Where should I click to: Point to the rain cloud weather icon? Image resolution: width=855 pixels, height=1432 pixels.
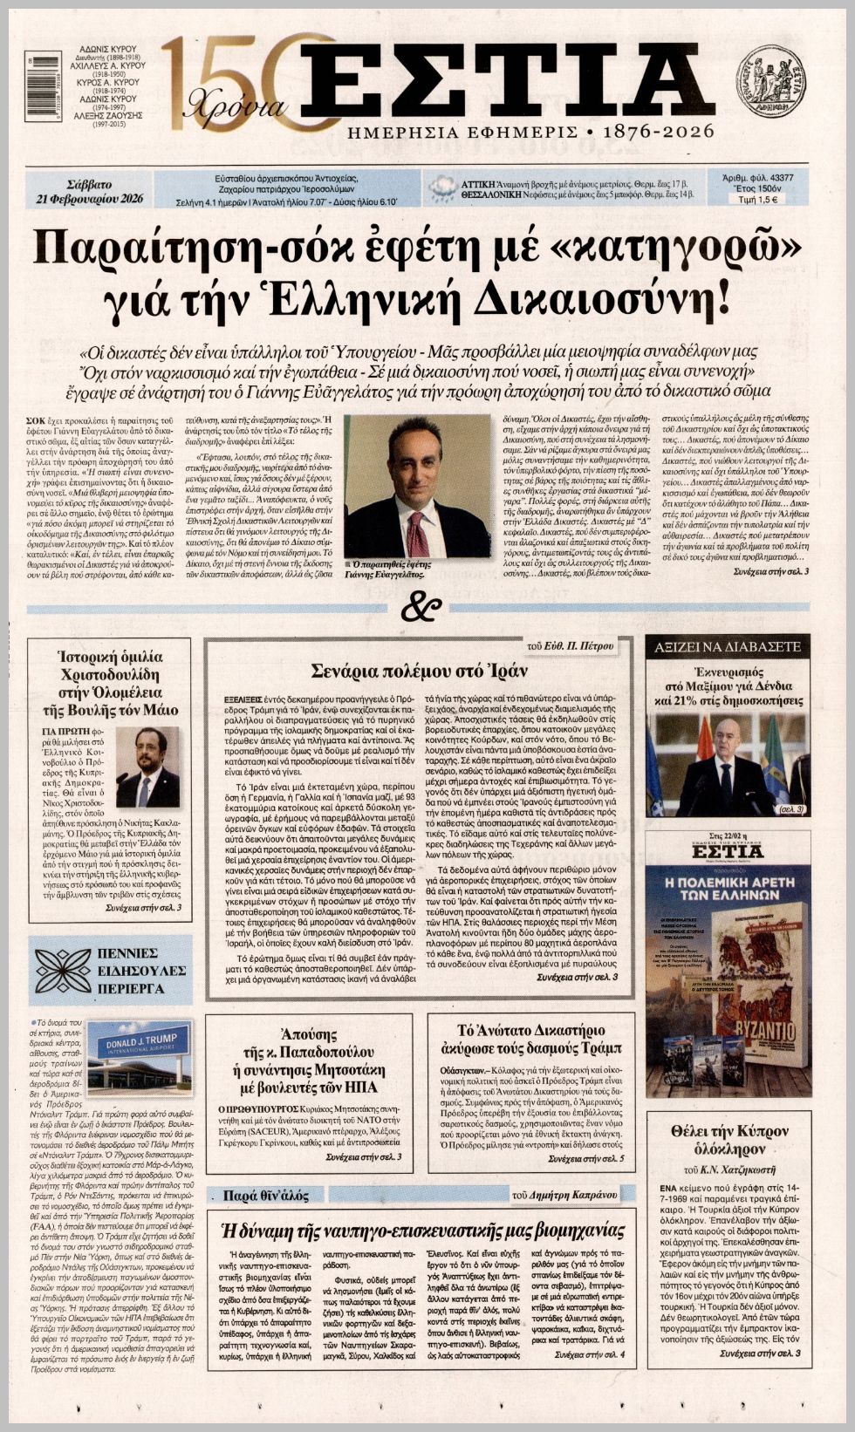pos(442,188)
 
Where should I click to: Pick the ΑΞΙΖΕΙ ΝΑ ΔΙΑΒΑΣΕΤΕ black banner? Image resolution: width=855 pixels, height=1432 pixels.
pos(727,646)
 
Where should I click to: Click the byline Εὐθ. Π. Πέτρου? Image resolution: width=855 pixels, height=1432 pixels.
pos(580,646)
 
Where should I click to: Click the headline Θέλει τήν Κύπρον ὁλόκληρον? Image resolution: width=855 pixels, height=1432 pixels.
pos(728,1140)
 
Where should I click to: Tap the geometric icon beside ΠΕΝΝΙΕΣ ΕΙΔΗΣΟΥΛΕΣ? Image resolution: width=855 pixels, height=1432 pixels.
pos(63,969)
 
